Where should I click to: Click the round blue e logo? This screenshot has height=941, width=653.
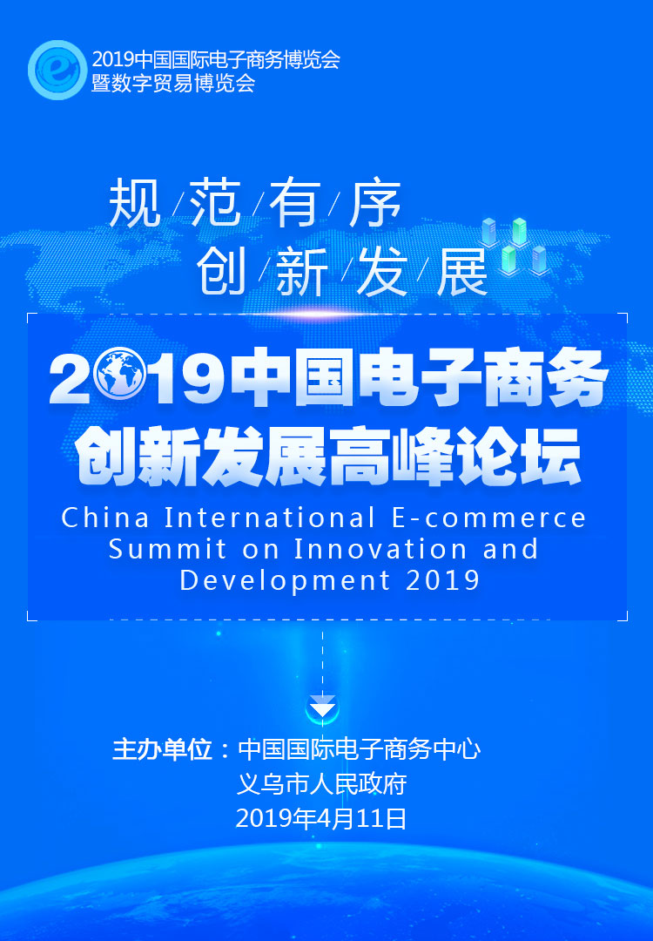pyautogui.click(x=57, y=70)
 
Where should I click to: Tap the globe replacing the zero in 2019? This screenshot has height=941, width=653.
pyautogui.click(x=120, y=375)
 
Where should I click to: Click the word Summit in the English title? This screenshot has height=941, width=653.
pyautogui.click(x=167, y=549)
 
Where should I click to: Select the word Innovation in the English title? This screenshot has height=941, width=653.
pyautogui.click(x=380, y=549)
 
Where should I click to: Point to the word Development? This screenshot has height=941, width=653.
pyautogui.click(x=286, y=580)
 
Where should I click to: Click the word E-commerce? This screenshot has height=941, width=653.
pyautogui.click(x=488, y=518)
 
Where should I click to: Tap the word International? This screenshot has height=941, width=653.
pyautogui.click(x=271, y=518)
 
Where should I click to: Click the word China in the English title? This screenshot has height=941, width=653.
pyautogui.click(x=105, y=518)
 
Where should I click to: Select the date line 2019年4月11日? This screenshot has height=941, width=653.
pyautogui.click(x=321, y=818)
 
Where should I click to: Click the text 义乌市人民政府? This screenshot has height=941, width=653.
pyautogui.click(x=322, y=784)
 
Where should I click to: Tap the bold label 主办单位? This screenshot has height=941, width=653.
pyautogui.click(x=163, y=749)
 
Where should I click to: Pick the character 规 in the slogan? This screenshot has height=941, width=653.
pyautogui.click(x=135, y=203)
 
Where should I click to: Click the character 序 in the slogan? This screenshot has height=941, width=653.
pyautogui.click(x=374, y=203)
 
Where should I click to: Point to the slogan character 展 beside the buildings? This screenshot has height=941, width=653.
pyautogui.click(x=462, y=272)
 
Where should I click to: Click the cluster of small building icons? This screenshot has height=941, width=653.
pyautogui.click(x=515, y=246)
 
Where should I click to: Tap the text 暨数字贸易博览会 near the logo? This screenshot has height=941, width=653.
pyautogui.click(x=173, y=83)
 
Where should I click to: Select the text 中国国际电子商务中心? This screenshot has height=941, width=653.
pyautogui.click(x=360, y=749)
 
